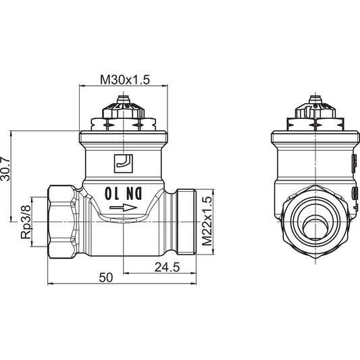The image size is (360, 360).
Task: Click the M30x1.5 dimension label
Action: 124,80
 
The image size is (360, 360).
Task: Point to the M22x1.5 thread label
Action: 207,221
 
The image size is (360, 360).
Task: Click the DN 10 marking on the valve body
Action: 124,192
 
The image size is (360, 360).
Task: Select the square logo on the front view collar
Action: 123,162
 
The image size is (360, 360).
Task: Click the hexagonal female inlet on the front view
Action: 63,220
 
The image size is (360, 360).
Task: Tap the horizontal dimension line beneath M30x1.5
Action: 124,87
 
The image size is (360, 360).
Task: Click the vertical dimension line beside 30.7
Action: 11,175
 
